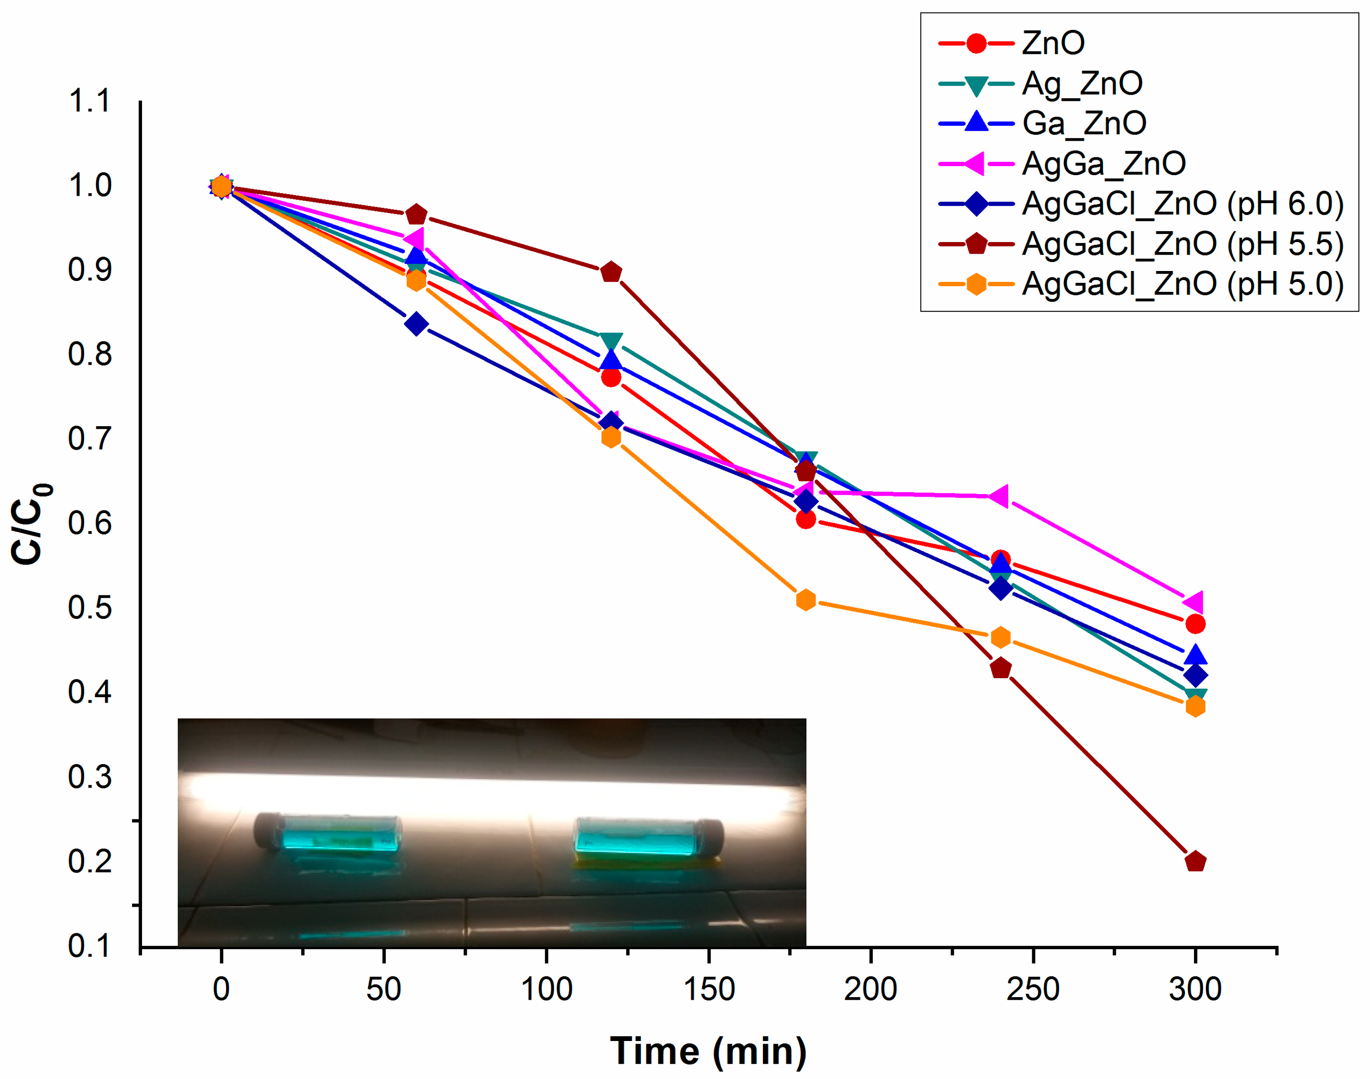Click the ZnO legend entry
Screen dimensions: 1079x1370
(x=1052, y=43)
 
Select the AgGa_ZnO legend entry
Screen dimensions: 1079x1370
(x=1103, y=164)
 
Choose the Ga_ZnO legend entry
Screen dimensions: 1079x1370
(x=1083, y=123)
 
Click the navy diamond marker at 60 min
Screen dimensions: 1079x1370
(x=416, y=324)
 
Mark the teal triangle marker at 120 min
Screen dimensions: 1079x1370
(x=611, y=341)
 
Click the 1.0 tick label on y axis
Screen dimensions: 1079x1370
(x=90, y=186)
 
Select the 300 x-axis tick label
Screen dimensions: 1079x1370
(x=1195, y=989)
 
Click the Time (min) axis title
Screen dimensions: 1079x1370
(x=708, y=1051)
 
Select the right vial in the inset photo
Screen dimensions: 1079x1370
(x=647, y=837)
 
